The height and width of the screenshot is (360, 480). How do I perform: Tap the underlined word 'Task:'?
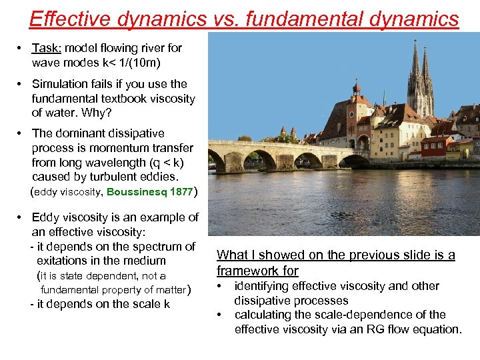click(x=47, y=48)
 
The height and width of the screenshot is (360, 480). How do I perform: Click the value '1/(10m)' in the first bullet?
click(x=141, y=63)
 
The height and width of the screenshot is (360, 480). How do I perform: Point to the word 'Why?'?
click(x=97, y=113)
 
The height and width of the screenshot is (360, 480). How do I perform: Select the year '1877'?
click(x=181, y=192)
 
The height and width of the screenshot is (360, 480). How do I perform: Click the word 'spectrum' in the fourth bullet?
click(x=152, y=246)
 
